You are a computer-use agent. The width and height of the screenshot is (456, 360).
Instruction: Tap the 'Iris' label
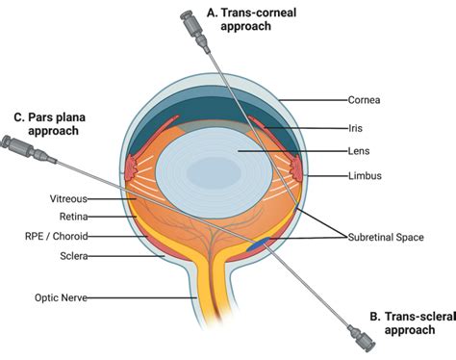tap(356, 125)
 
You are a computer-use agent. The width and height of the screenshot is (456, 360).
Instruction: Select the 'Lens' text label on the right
tap(359, 151)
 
